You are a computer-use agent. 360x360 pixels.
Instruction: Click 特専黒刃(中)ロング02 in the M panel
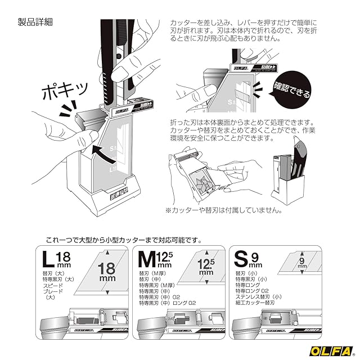pos(169,303)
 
